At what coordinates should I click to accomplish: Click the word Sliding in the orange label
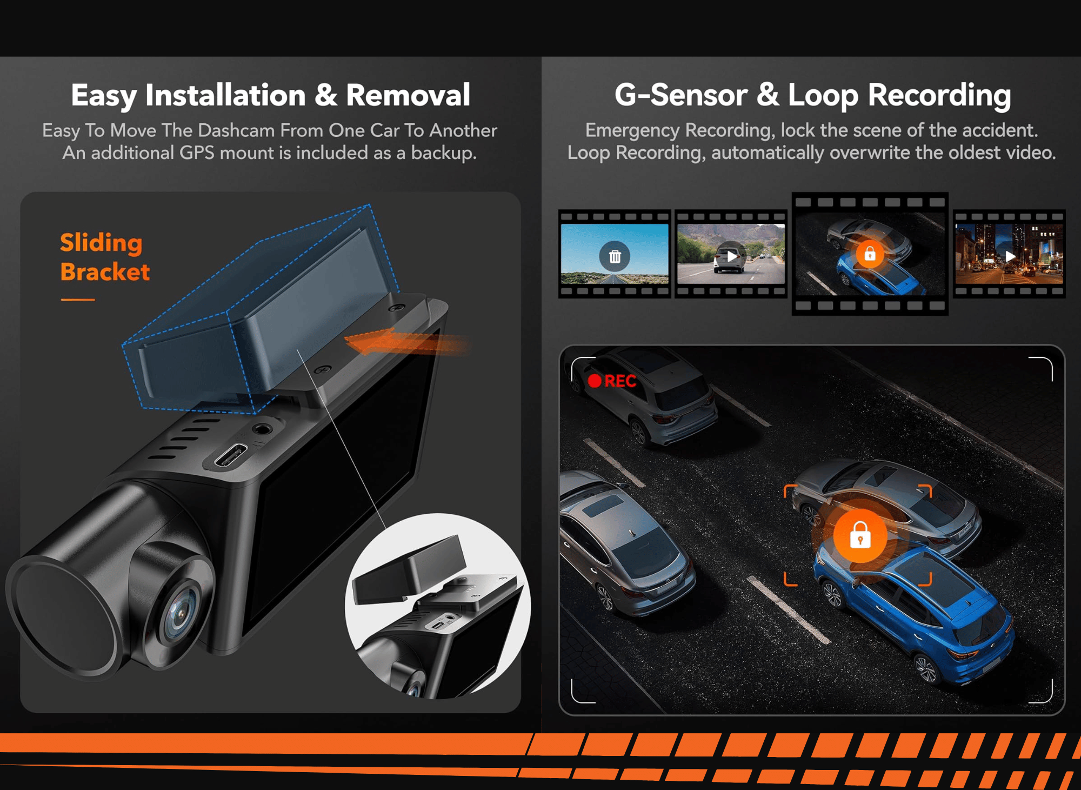101,243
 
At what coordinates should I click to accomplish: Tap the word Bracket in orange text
105,271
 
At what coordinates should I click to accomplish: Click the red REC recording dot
595,381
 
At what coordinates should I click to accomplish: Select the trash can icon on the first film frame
615,256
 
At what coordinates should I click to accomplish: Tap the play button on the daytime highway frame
731,256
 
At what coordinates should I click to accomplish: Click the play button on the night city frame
1010,256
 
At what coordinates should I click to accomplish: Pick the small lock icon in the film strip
870,254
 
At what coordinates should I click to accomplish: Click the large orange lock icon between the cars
860,536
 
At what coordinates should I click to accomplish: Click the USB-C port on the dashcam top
231,455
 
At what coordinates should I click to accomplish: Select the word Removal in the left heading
408,96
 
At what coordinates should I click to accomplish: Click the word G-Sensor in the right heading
681,96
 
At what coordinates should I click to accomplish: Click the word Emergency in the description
632,130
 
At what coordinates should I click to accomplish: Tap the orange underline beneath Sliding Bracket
78,299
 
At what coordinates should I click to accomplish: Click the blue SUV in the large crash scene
913,611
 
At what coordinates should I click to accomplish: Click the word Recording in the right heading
939,96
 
